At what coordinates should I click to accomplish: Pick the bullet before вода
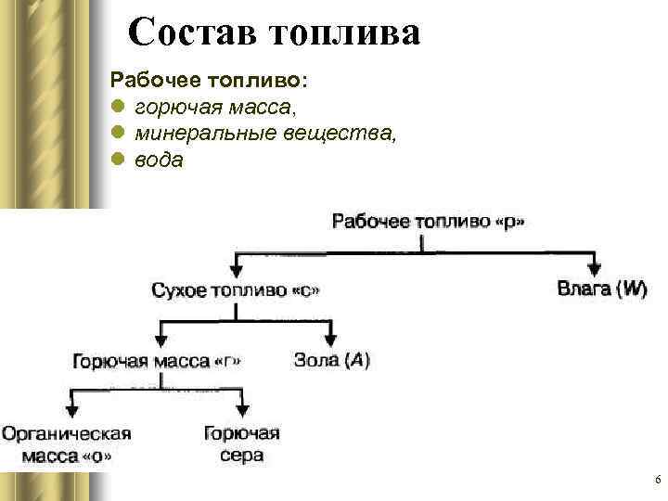(x=118, y=160)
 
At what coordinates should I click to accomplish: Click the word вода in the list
(x=160, y=160)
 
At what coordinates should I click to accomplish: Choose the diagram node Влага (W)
(x=601, y=289)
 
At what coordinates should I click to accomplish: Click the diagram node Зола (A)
(x=331, y=360)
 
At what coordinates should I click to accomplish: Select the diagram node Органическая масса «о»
(x=66, y=443)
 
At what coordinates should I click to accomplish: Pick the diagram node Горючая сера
(x=241, y=443)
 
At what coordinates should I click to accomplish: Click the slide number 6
(x=656, y=480)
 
